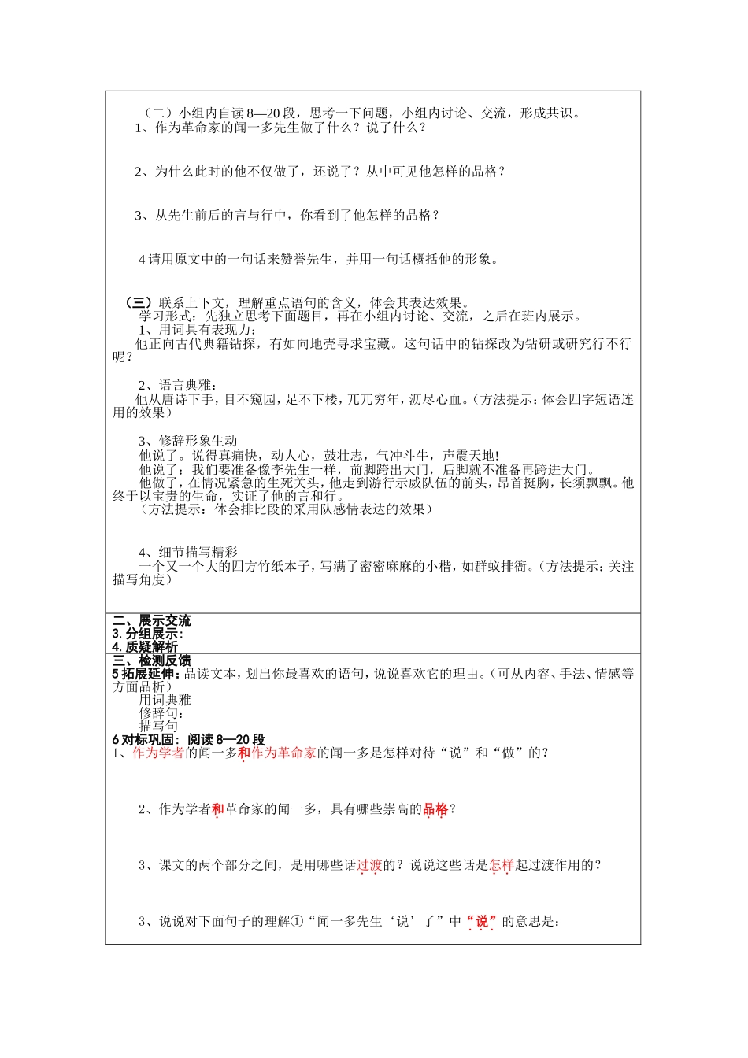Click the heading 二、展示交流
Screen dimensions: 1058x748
coord(151,620)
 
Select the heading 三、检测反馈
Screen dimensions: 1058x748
coord(151,660)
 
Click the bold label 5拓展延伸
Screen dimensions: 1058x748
coord(146,673)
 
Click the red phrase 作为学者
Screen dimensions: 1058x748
coord(158,753)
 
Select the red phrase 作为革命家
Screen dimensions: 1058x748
coord(283,753)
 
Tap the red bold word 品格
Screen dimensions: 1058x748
coord(435,809)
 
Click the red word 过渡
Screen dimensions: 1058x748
coord(369,865)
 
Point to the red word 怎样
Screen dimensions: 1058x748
coord(502,865)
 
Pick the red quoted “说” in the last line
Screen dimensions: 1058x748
coord(482,921)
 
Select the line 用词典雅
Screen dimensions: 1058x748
coord(165,700)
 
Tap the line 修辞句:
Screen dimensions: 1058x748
coord(161,713)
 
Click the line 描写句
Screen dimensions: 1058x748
coord(158,726)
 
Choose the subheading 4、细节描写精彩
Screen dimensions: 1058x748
coord(188,553)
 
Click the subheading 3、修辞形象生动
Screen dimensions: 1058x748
coord(188,441)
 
